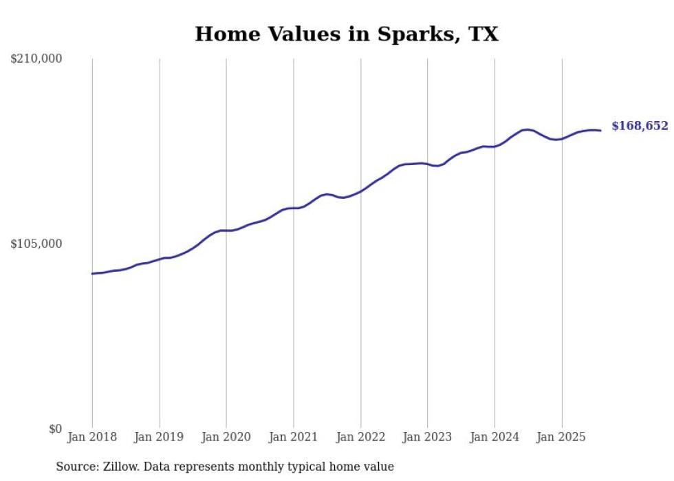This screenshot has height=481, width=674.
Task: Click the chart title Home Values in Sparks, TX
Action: click(346, 34)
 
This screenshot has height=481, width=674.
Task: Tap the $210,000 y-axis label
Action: click(36, 59)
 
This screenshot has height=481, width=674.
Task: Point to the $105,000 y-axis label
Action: click(36, 244)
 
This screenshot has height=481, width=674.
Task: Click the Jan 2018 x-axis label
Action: click(92, 437)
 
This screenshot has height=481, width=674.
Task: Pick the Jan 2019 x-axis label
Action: click(160, 437)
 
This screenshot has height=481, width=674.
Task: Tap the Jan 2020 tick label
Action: click(226, 437)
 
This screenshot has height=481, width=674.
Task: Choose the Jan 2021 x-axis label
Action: click(294, 437)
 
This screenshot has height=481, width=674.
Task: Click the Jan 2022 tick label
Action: click(360, 437)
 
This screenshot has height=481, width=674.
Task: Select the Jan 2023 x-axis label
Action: click(427, 437)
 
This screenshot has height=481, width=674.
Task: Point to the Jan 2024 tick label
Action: click(494, 437)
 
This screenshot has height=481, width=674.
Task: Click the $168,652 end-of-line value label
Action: click(639, 126)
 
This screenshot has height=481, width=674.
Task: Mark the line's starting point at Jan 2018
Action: click(92, 274)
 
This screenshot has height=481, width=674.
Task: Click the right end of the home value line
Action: click(600, 131)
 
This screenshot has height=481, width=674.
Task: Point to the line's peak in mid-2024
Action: click(527, 129)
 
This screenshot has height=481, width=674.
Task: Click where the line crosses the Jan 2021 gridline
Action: click(294, 208)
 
